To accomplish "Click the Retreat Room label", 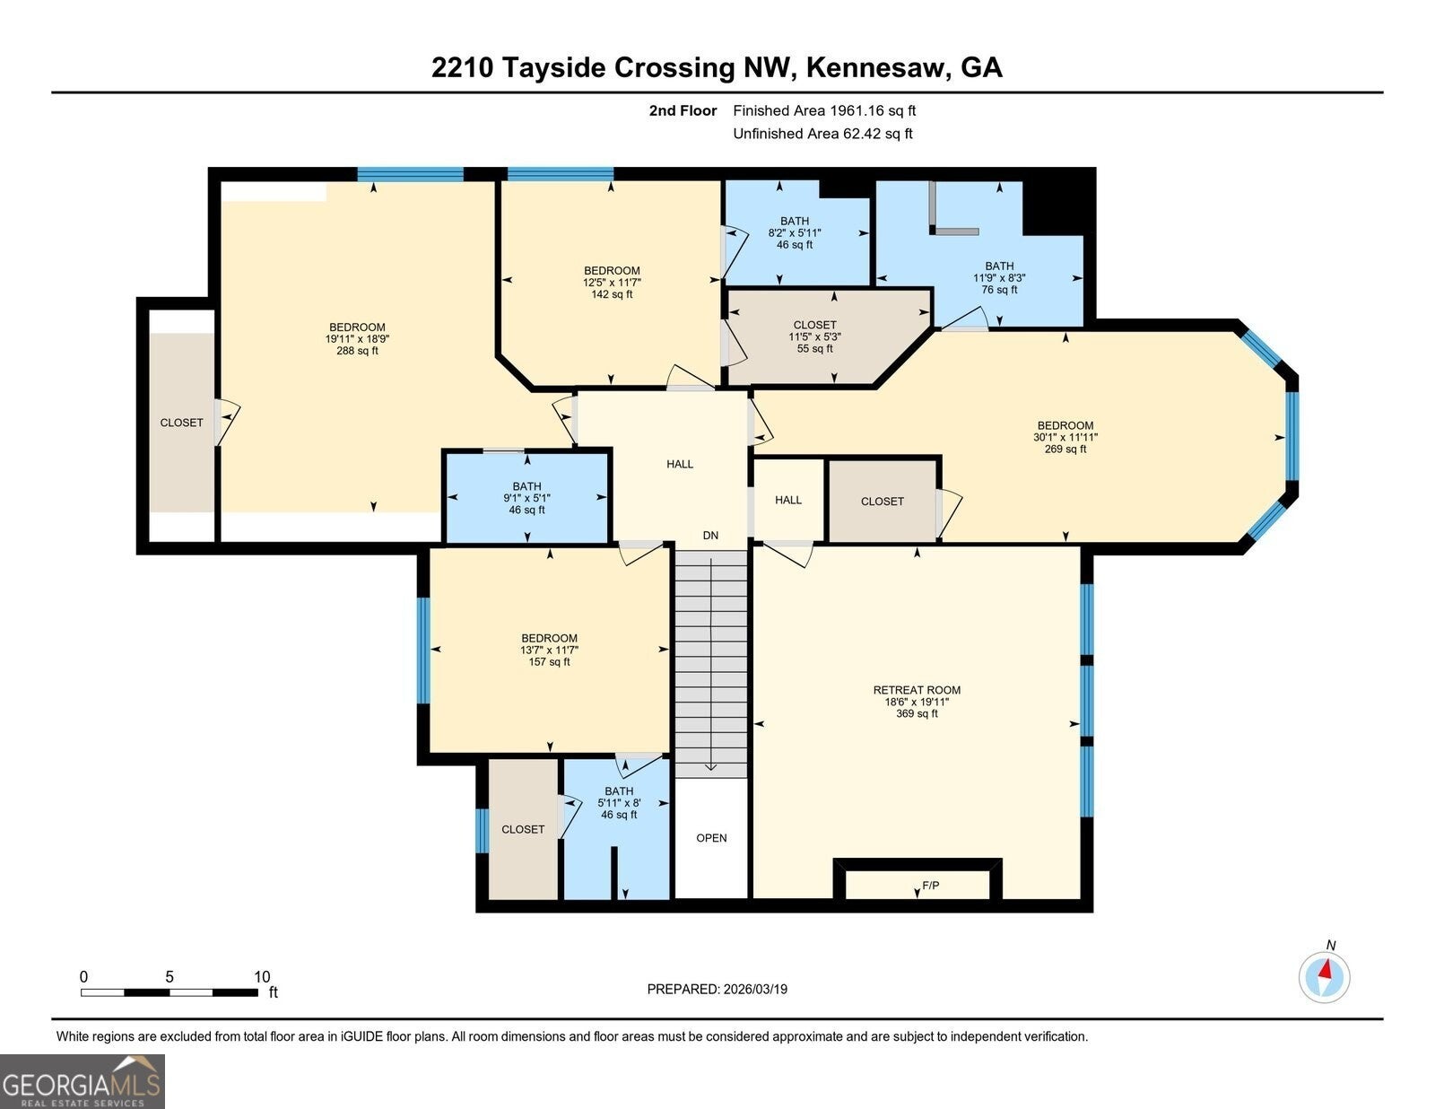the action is [x=917, y=690].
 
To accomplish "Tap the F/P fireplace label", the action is [x=930, y=885].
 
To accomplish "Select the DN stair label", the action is [x=710, y=535].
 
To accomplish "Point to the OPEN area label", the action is [x=711, y=837].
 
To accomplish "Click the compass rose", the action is [x=1324, y=977].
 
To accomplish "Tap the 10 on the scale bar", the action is [x=262, y=976].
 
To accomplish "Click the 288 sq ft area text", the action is [x=357, y=351].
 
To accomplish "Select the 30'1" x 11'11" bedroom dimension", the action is [x=1065, y=437].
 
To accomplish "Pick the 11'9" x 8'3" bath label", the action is [x=999, y=277].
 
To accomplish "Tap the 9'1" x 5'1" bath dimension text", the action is [x=526, y=498].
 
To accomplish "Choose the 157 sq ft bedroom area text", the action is [x=549, y=662].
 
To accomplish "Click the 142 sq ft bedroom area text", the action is [x=612, y=294].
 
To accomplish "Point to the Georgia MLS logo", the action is [x=82, y=1082].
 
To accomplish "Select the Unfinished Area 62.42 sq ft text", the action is [x=822, y=134].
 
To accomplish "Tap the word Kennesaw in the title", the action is [x=878, y=68].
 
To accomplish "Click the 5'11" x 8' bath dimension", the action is [x=619, y=803].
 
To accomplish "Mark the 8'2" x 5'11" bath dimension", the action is [x=795, y=232].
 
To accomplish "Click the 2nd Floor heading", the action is [x=683, y=110].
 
